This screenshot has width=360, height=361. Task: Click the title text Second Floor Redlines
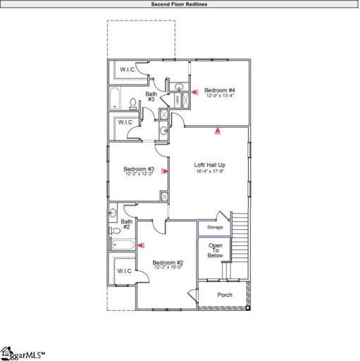click(180, 4)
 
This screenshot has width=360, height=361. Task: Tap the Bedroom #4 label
click(220, 90)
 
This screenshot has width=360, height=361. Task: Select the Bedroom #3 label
click(139, 169)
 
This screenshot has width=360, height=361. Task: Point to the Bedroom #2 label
click(168, 262)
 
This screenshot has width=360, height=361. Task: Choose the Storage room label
click(215, 227)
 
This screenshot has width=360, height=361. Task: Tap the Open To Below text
click(215, 250)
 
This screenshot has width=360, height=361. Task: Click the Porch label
click(225, 295)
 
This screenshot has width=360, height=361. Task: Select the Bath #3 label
click(151, 97)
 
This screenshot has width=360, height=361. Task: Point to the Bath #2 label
click(126, 224)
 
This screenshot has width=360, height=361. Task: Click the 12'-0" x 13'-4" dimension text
click(220, 97)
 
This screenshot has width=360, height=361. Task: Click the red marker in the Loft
click(218, 130)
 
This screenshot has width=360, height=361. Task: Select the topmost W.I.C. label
click(128, 69)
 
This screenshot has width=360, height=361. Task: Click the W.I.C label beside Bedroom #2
click(124, 271)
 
